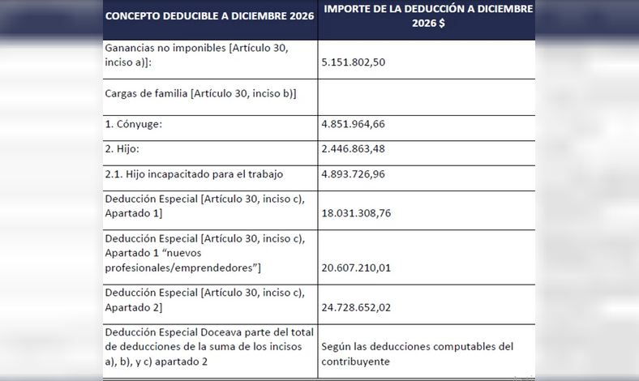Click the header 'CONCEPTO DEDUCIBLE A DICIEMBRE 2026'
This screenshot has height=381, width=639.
tap(208, 16)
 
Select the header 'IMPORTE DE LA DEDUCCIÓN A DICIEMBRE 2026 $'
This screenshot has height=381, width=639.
tap(427, 16)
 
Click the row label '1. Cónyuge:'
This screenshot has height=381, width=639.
tap(134, 125)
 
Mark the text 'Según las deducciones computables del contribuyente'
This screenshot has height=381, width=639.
tap(417, 353)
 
